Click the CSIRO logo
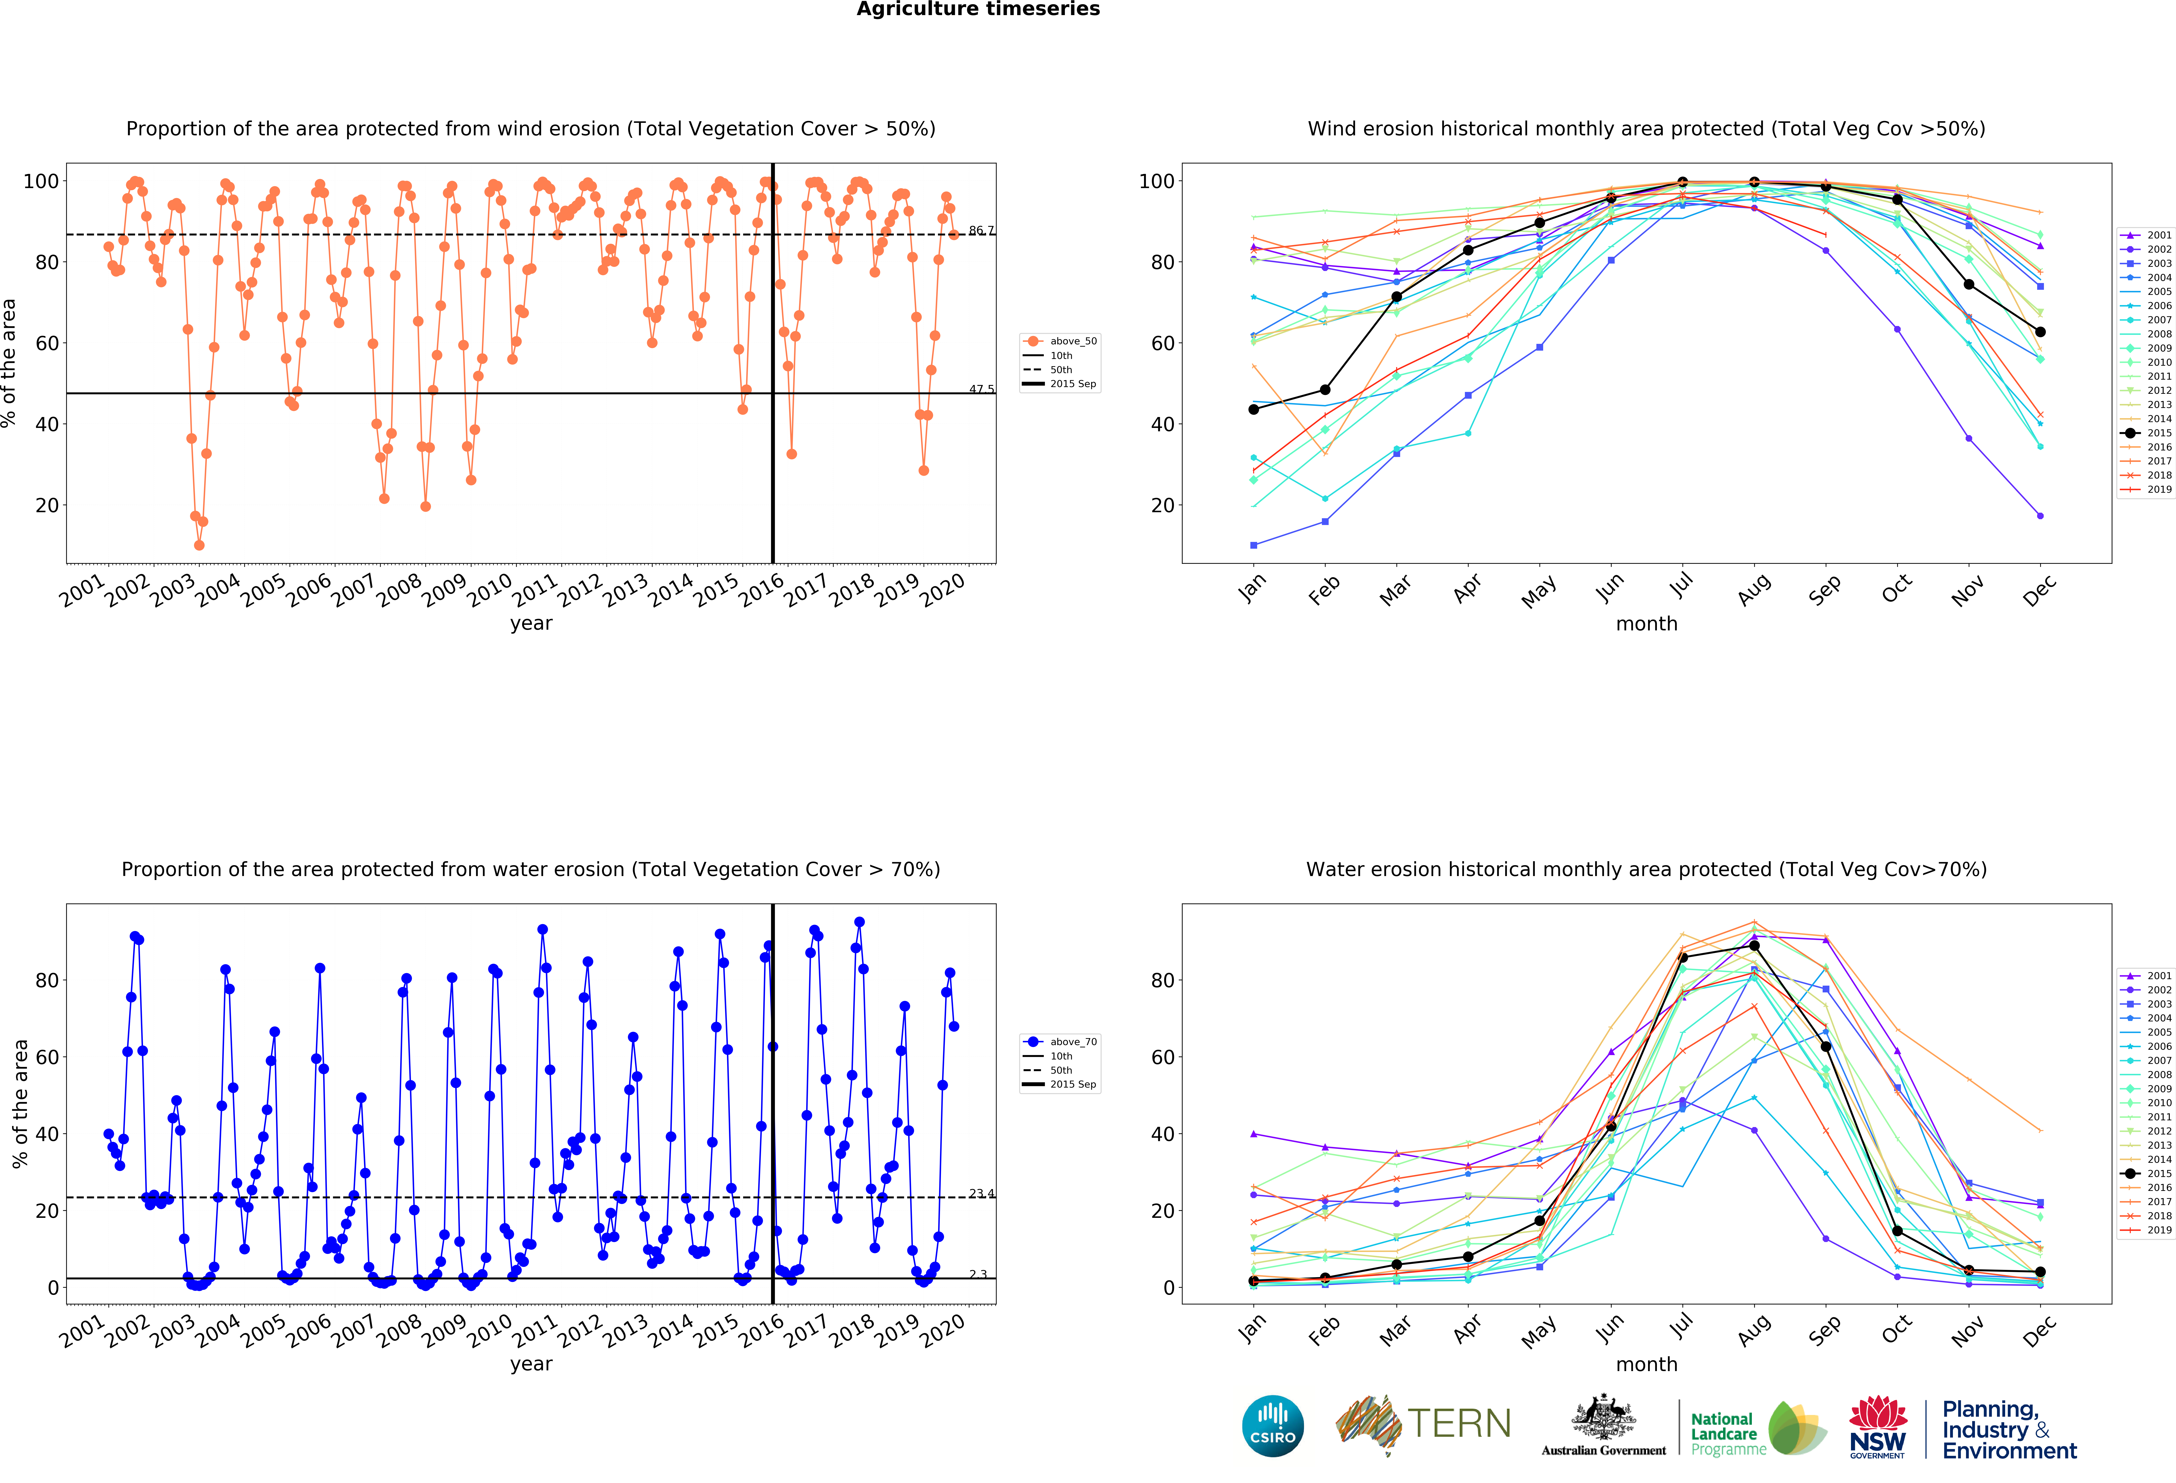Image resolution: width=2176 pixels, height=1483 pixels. pyautogui.click(x=1272, y=1426)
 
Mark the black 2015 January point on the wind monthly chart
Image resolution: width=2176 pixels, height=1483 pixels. pyautogui.click(x=1254, y=409)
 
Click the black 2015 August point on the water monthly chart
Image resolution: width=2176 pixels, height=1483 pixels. pyautogui.click(x=1754, y=946)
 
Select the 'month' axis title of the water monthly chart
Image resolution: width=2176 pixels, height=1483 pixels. pyautogui.click(x=1646, y=1364)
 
